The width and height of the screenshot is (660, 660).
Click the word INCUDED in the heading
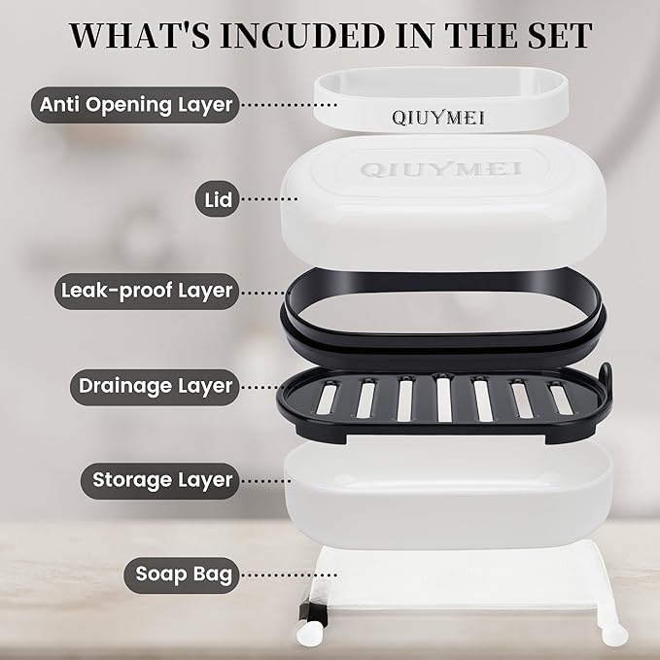[302, 35]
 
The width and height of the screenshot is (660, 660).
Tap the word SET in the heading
[556, 35]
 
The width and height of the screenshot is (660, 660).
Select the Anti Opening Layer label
[135, 105]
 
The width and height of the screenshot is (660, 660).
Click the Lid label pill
[217, 199]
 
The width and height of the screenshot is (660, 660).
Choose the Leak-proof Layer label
[147, 292]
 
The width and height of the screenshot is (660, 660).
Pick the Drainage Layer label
[155, 387]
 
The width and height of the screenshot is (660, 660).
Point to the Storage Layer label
[160, 481]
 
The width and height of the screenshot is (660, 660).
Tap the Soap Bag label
[182, 575]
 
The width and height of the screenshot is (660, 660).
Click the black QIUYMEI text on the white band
[438, 118]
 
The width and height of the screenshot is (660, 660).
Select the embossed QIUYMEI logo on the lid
[440, 170]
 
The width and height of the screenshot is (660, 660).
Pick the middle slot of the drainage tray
[443, 399]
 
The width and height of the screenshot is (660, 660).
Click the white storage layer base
[449, 495]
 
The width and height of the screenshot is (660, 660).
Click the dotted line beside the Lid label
[270, 198]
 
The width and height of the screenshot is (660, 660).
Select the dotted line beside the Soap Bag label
[290, 574]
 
